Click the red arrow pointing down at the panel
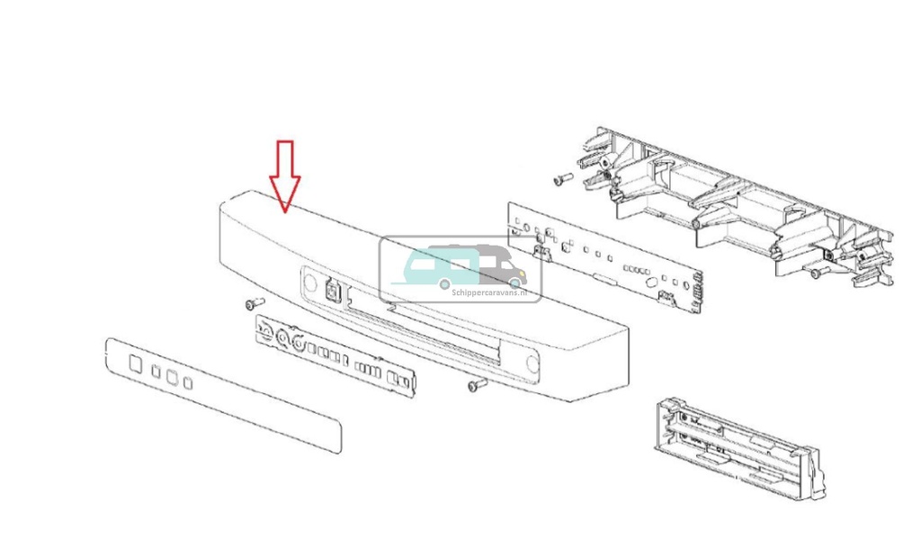(x=285, y=175)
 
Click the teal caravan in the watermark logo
(x=442, y=267)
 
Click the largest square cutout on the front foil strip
(x=135, y=363)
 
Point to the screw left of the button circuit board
(x=253, y=305)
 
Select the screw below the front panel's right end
(x=476, y=385)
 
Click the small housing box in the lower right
(x=738, y=447)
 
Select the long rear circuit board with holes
(x=604, y=257)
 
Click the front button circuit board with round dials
(x=336, y=354)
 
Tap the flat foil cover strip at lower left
(x=223, y=394)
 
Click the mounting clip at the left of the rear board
(x=542, y=251)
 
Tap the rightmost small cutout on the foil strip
(x=188, y=383)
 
